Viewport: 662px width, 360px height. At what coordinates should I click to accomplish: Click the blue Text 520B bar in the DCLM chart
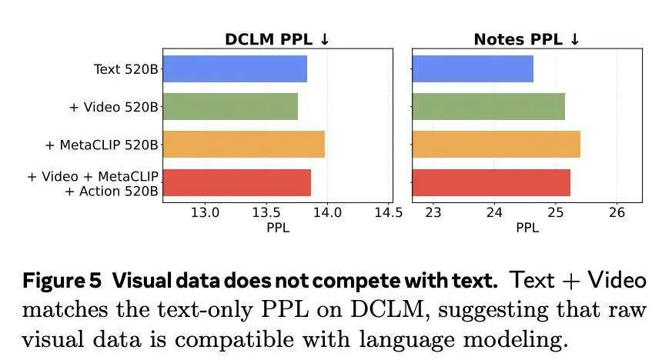[x=235, y=68]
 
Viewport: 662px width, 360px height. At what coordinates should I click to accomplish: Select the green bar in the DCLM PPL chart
[x=230, y=106]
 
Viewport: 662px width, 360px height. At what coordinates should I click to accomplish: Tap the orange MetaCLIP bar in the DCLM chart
[x=243, y=144]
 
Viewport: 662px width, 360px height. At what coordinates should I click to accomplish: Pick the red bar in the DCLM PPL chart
[x=236, y=182]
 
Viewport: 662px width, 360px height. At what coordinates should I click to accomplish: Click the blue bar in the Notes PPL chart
[x=473, y=68]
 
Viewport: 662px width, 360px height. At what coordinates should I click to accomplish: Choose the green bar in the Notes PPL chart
[x=488, y=106]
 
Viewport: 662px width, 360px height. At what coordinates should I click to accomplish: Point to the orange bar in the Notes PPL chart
[x=496, y=144]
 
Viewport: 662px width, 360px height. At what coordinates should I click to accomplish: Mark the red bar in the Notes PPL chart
[x=491, y=182]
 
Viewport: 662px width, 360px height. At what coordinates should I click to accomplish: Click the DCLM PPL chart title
[x=277, y=39]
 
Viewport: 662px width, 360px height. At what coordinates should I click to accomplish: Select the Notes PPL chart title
[x=527, y=39]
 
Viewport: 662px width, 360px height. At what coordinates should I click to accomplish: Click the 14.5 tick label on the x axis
[x=387, y=212]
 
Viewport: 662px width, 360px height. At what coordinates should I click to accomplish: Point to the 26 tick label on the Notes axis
[x=617, y=212]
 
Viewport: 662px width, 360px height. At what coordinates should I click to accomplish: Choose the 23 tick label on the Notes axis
[x=433, y=212]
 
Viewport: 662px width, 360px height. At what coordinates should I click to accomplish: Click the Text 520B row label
[x=125, y=69]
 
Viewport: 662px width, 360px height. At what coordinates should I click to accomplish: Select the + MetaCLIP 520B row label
[x=102, y=145]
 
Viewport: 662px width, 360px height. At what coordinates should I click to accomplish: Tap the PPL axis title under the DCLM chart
[x=278, y=228]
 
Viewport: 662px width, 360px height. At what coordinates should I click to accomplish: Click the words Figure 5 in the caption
[x=61, y=281]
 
